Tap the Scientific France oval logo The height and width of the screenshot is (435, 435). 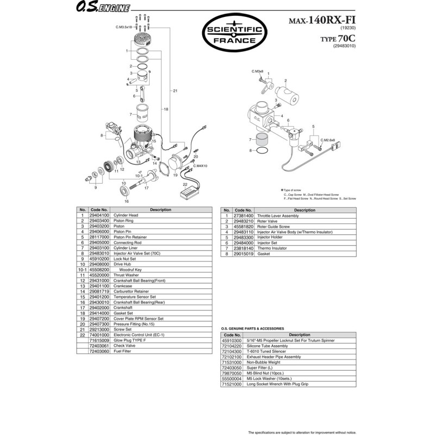coord(235,33)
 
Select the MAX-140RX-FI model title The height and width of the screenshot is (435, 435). coord(317,21)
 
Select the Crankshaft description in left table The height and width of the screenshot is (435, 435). coord(123,308)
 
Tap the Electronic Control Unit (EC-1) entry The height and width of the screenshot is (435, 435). coord(139,335)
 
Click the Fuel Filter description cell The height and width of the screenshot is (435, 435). coord(123,351)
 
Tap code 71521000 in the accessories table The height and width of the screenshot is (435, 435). coord(232,384)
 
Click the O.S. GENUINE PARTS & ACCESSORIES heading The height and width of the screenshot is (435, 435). coord(252,328)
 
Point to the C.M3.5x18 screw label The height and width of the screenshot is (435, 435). coord(124,27)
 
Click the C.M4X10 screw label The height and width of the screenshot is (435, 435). coord(201,165)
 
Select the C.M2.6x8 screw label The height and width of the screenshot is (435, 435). coord(328,140)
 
